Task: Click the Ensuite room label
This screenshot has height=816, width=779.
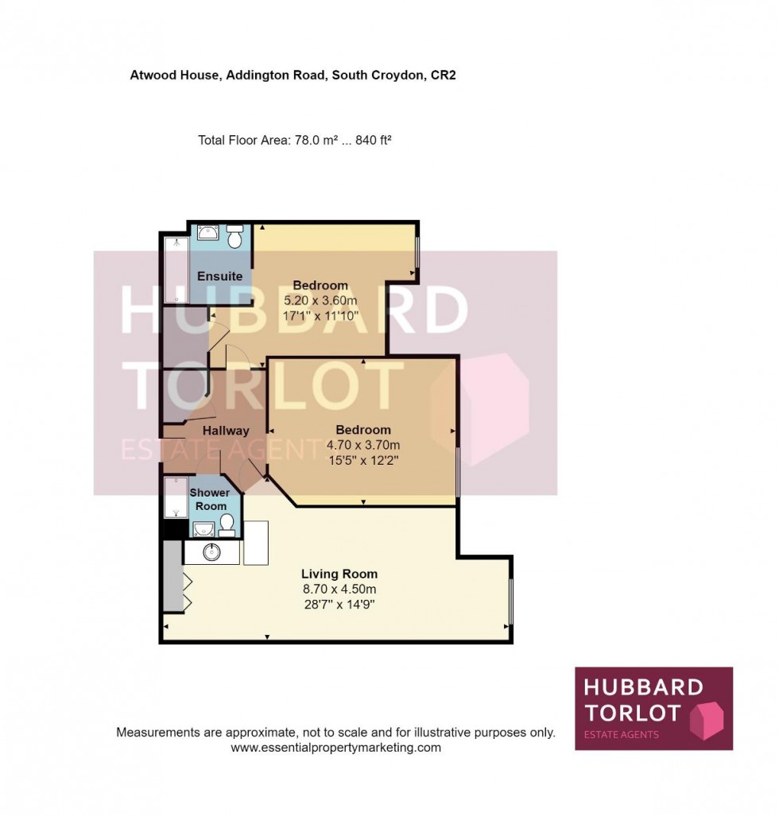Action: click(x=219, y=277)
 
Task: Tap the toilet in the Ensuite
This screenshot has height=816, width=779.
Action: click(x=235, y=237)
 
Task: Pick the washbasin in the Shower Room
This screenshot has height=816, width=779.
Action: click(x=203, y=528)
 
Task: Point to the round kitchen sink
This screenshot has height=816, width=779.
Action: click(x=211, y=552)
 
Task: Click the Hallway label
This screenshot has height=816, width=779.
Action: click(x=226, y=431)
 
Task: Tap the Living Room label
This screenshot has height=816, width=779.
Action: click(x=339, y=574)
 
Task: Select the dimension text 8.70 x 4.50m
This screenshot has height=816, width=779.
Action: click(x=339, y=589)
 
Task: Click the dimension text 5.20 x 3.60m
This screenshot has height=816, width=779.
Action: click(x=320, y=300)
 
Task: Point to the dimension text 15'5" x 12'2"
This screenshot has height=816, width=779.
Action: click(x=363, y=459)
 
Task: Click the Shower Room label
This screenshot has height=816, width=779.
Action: click(x=210, y=499)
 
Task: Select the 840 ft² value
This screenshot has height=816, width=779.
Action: click(x=372, y=141)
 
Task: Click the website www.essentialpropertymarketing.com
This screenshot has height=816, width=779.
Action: click(x=335, y=748)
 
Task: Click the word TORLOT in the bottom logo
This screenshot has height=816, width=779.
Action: click(x=633, y=712)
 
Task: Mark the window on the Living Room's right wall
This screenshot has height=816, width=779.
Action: click(x=510, y=601)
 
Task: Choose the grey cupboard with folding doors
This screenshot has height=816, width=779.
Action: click(x=172, y=577)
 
